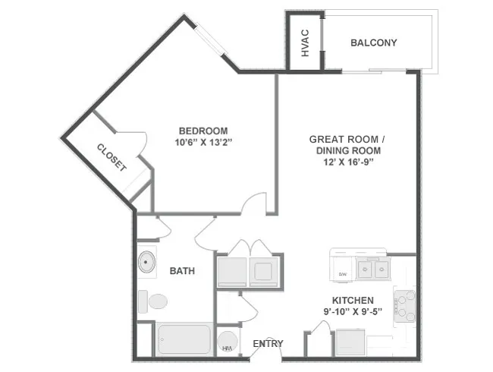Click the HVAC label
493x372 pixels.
305,43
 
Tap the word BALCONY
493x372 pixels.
373,43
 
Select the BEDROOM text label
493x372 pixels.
203,130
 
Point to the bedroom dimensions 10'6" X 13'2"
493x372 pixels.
203,142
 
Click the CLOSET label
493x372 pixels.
111,157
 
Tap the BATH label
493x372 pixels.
181,271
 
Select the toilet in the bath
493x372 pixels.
155,301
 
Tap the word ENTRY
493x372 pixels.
268,344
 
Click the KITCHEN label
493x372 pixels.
353,300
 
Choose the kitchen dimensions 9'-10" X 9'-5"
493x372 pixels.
353,311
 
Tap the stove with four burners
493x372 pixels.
404,305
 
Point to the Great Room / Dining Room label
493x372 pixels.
348,145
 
